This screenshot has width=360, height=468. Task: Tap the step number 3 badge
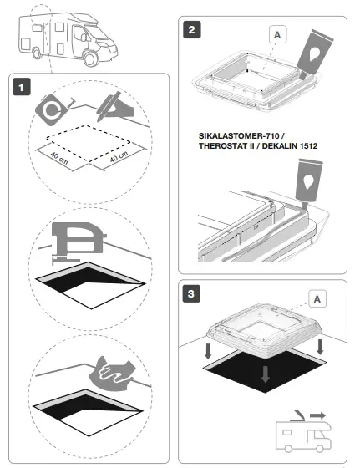[193, 295]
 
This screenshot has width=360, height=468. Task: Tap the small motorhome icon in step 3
[303, 436]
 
